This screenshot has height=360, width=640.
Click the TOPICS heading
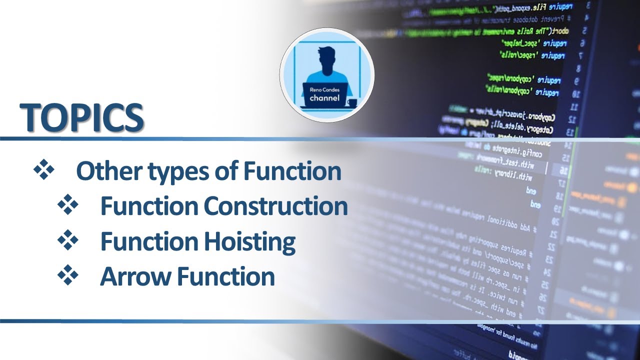click(x=82, y=117)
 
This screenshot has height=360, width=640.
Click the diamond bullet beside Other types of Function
click(x=43, y=170)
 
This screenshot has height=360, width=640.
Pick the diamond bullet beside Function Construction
click(x=68, y=205)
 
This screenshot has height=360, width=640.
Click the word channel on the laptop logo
click(x=324, y=98)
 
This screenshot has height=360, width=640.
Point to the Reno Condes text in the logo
click(x=324, y=89)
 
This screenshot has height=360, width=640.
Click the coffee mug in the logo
click(x=352, y=103)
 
